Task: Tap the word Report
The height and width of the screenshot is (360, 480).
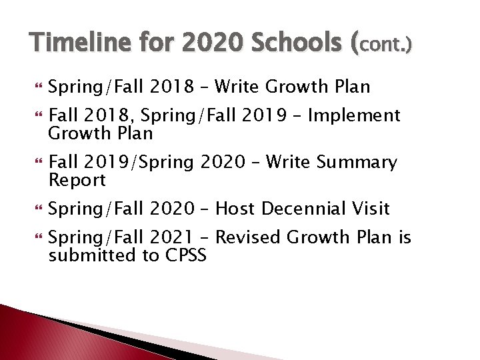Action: pos(77,180)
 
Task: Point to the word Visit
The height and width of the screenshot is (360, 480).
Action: pos(371,209)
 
